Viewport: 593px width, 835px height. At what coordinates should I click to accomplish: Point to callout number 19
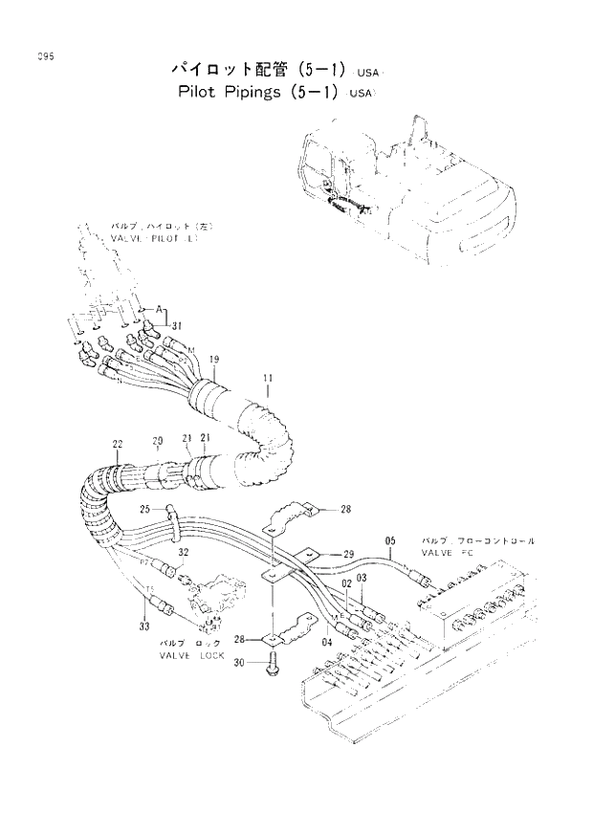click(214, 360)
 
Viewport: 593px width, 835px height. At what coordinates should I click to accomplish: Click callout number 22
click(117, 444)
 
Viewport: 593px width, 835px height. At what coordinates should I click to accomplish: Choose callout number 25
click(144, 509)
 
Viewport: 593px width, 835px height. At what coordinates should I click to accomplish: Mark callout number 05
click(390, 541)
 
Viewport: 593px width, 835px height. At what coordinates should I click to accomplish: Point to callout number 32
click(183, 553)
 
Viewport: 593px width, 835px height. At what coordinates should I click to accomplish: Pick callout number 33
click(144, 626)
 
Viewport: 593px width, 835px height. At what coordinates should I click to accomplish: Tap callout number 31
click(177, 326)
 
